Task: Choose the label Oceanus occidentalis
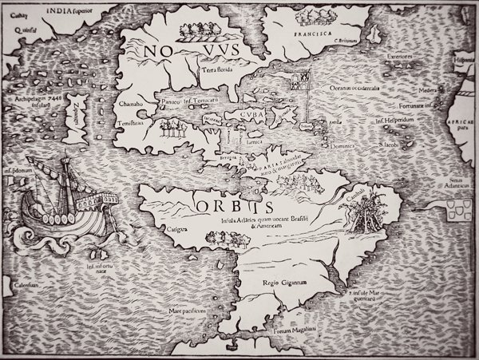tap(350, 88)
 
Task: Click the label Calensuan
tap(26, 285)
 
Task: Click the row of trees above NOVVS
tap(202, 32)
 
